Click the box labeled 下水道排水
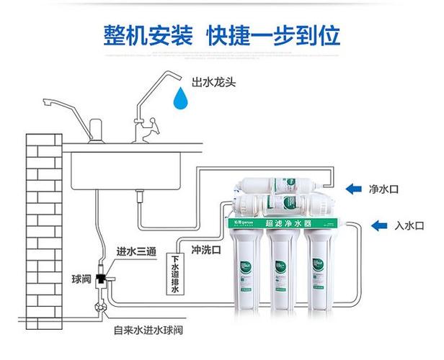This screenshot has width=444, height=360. (x=174, y=271)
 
